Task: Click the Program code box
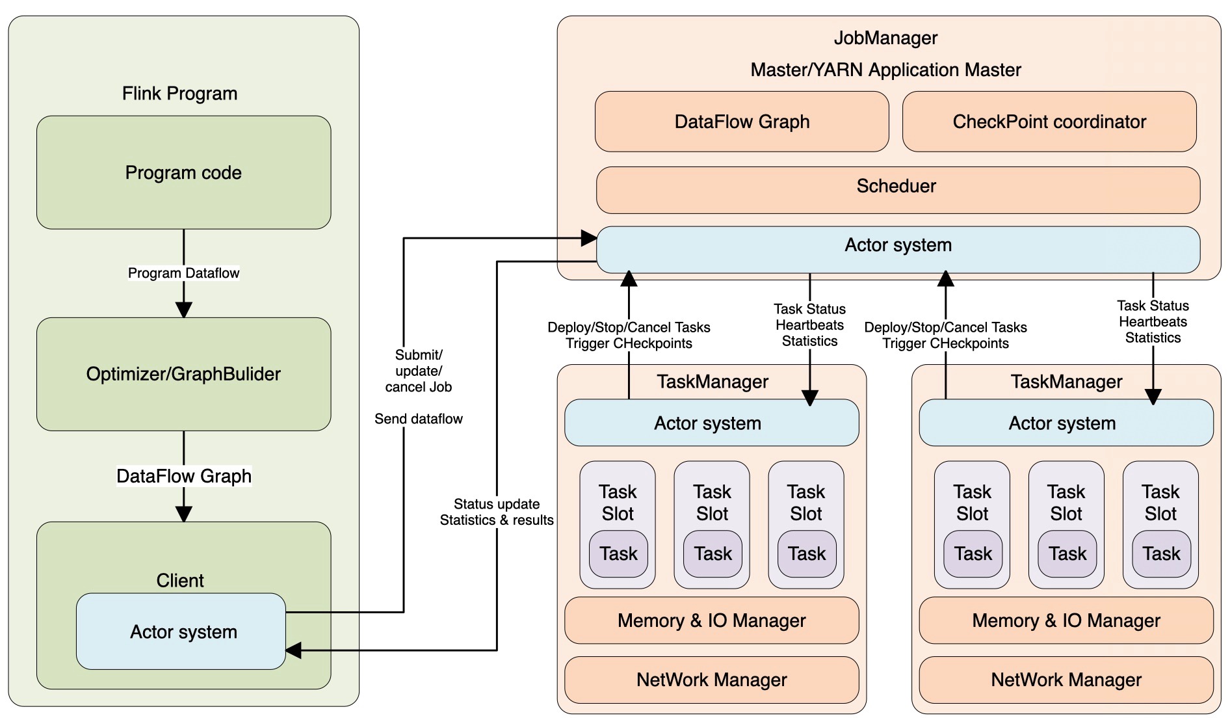pos(183,172)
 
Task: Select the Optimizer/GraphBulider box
pos(183,374)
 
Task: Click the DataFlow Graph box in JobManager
pos(742,122)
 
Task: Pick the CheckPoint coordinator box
pos(1049,122)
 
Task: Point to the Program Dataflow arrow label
pos(183,273)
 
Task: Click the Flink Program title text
pos(179,94)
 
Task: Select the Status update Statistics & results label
pos(497,512)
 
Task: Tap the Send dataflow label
pos(418,419)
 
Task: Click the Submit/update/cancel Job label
pos(418,371)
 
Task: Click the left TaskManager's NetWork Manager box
pos(711,680)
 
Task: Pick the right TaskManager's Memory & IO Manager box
pos(1066,620)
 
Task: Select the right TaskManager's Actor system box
pos(1066,423)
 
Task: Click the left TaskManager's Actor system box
pos(711,423)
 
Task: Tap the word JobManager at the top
pos(885,38)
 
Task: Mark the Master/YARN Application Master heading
pos(885,70)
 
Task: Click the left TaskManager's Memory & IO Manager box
pos(711,620)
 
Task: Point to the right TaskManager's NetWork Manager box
pos(1066,680)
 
